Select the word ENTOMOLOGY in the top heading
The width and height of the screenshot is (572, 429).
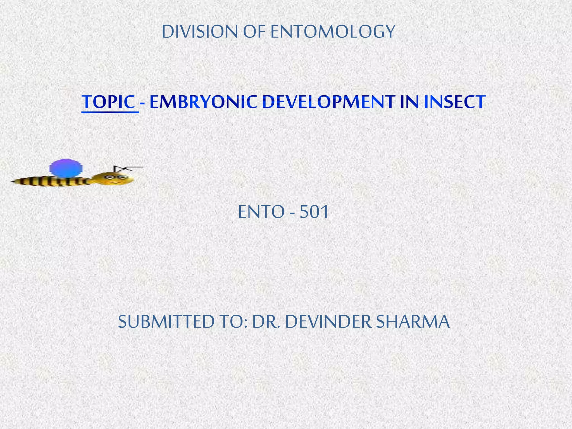click(x=333, y=32)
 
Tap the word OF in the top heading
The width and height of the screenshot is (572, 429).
click(x=254, y=32)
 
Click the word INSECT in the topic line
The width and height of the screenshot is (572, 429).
click(x=454, y=102)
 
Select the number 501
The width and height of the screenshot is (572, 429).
click(x=314, y=212)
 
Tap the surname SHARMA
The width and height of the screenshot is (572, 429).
click(x=413, y=322)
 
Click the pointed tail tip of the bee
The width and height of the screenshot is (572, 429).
click(x=13, y=182)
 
